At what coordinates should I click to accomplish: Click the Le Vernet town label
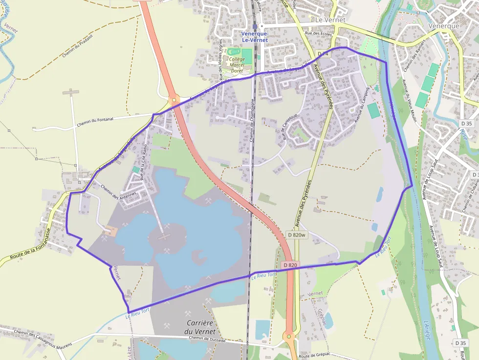click(330, 20)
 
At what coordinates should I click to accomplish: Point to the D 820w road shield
click(297, 235)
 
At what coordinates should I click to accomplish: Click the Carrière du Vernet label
click(201, 327)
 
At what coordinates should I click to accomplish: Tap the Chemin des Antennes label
click(118, 191)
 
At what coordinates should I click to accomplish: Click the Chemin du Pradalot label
click(78, 48)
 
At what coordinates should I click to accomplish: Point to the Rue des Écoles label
click(319, 34)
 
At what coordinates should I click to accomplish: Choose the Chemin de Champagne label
click(253, 120)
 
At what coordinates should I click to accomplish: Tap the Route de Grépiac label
click(315, 356)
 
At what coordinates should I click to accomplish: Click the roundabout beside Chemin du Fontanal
click(174, 101)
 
